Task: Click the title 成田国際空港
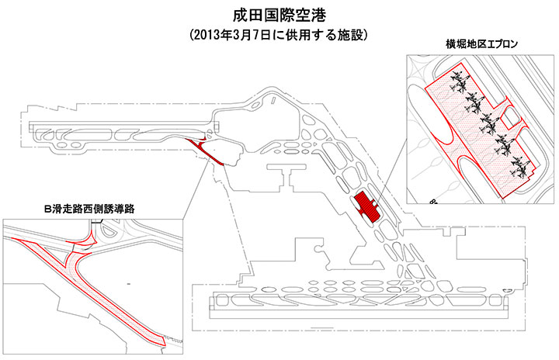[x=279, y=16]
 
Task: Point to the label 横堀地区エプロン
[x=481, y=44]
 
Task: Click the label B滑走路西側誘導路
[x=89, y=209]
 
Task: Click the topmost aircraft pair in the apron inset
[x=459, y=81]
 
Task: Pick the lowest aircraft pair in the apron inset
[x=519, y=167]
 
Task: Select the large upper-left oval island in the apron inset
[x=429, y=114]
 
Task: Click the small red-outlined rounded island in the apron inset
[x=513, y=117]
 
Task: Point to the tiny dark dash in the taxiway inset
[x=128, y=284]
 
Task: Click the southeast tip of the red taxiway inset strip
[x=165, y=345]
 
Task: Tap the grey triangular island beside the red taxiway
[x=55, y=254]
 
